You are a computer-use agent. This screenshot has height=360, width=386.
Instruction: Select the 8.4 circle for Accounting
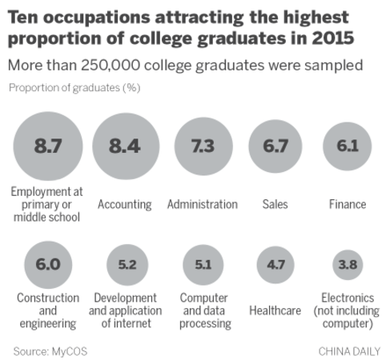tap(124, 146)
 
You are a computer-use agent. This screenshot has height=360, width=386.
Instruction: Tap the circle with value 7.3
tap(202, 146)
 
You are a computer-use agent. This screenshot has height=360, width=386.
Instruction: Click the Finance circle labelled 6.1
tap(347, 146)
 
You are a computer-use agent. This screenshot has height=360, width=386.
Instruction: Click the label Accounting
tap(124, 204)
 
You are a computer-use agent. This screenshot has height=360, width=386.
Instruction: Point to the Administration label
tap(202, 204)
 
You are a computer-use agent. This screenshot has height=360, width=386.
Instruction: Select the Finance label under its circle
tap(347, 204)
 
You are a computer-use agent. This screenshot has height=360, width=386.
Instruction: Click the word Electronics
tap(347, 297)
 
